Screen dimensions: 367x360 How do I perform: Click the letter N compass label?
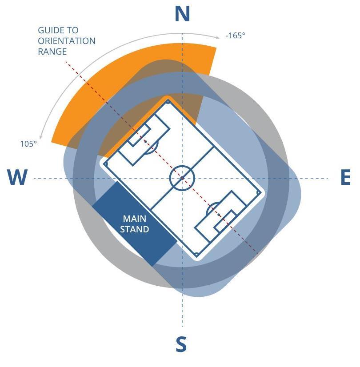(182, 14)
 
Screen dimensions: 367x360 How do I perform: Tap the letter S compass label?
(181, 344)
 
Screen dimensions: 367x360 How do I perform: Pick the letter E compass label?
(345, 178)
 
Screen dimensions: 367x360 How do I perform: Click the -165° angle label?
(235, 36)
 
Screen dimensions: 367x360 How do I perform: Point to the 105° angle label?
(28, 144)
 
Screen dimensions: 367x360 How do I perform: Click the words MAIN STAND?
(134, 224)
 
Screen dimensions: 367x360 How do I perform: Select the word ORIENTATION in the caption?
(67, 41)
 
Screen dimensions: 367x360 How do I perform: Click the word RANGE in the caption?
(52, 52)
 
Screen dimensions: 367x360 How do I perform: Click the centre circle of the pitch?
(182, 178)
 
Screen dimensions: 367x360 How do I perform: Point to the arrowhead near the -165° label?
(217, 36)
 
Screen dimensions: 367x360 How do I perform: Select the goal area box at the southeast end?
(225, 222)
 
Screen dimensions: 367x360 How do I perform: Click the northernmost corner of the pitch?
(168, 102)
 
